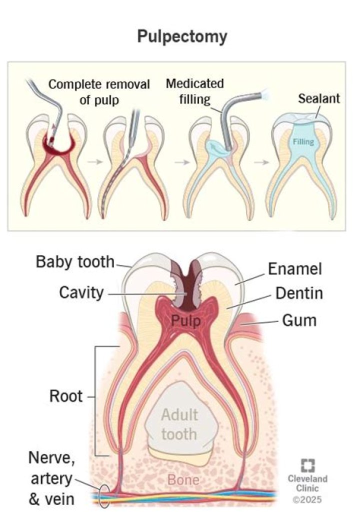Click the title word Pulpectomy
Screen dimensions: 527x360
coord(182,36)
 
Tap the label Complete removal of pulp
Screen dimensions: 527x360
coord(99,91)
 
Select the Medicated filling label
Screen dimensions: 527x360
coord(195,90)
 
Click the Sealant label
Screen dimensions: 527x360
coord(318,98)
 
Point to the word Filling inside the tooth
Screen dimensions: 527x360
coord(303,142)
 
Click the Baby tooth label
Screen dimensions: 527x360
coord(75,262)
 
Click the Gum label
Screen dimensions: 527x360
coord(299,319)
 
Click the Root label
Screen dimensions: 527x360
coord(65,397)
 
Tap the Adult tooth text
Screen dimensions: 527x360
coord(179,423)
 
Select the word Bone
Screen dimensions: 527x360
coord(182,480)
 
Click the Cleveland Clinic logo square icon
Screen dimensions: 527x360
coord(307,466)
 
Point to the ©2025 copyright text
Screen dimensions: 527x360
coord(308,499)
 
